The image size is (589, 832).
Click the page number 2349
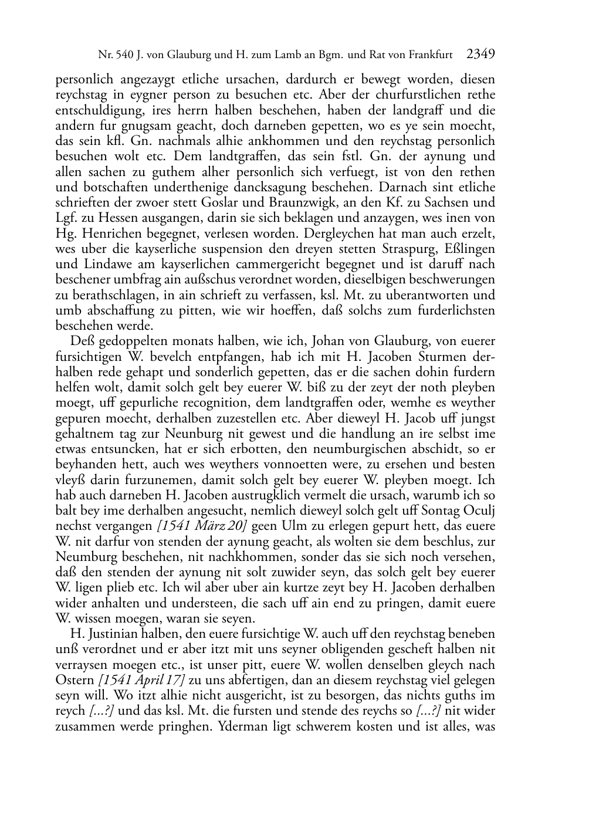pos(481,55)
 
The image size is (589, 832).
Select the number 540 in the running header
pos(124,56)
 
